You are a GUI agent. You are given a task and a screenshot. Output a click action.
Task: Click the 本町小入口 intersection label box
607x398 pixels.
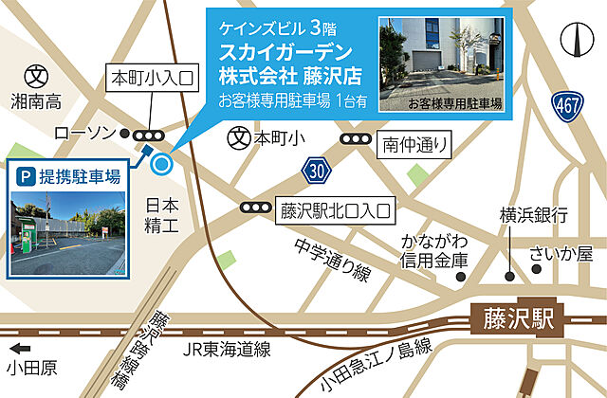pos(152,76)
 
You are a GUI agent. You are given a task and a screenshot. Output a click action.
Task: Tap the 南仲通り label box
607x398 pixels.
pos(413,145)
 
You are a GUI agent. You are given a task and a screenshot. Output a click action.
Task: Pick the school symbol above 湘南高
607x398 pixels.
pos(36,73)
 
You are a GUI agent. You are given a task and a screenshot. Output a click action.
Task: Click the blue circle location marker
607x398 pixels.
pos(161,165)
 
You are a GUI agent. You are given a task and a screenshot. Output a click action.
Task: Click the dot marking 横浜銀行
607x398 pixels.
pos(510,278)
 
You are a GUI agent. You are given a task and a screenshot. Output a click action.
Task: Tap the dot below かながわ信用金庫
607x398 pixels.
pos(459,278)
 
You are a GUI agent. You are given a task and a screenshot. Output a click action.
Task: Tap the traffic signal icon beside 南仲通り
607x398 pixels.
pos(355,140)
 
